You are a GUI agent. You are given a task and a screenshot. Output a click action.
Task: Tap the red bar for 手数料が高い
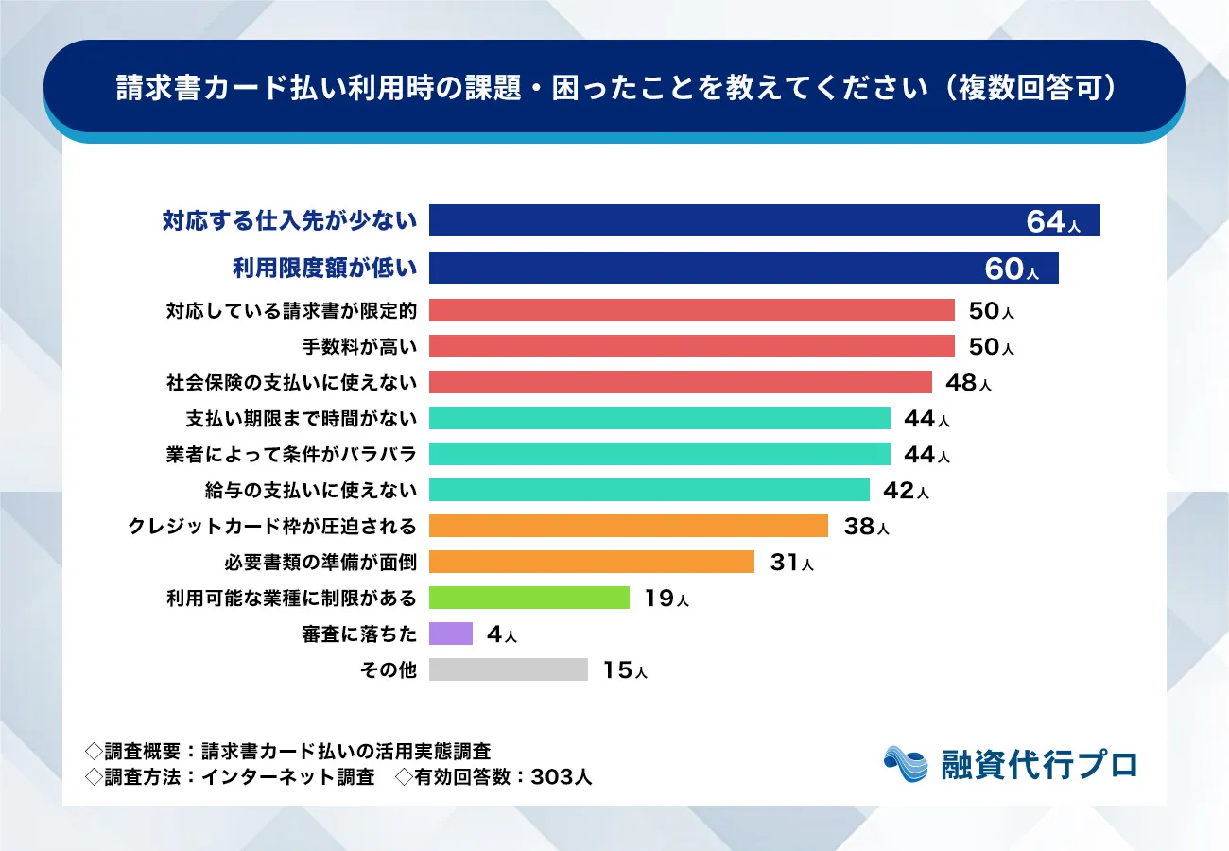691,346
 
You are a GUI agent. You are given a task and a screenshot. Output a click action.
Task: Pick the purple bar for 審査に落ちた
450,634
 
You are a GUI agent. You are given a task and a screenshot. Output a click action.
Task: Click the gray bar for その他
508,669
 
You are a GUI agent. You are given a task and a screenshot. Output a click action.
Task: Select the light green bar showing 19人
528,598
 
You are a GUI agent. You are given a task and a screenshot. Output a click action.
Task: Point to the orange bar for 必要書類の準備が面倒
591,562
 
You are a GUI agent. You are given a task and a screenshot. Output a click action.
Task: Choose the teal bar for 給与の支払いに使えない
649,490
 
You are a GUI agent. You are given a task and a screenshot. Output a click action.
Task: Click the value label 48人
967,383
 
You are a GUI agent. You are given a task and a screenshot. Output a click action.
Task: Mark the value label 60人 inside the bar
1011,269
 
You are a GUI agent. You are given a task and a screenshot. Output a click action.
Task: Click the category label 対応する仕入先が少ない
288,221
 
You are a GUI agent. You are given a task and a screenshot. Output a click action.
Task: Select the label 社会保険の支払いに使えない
291,382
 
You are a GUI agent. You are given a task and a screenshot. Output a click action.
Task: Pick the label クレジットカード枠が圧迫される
272,526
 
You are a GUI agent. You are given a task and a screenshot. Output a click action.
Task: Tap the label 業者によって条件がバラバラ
291,454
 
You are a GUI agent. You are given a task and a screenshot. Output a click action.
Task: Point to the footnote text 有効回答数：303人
493,777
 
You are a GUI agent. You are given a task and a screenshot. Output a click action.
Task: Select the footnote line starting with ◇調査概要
288,752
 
